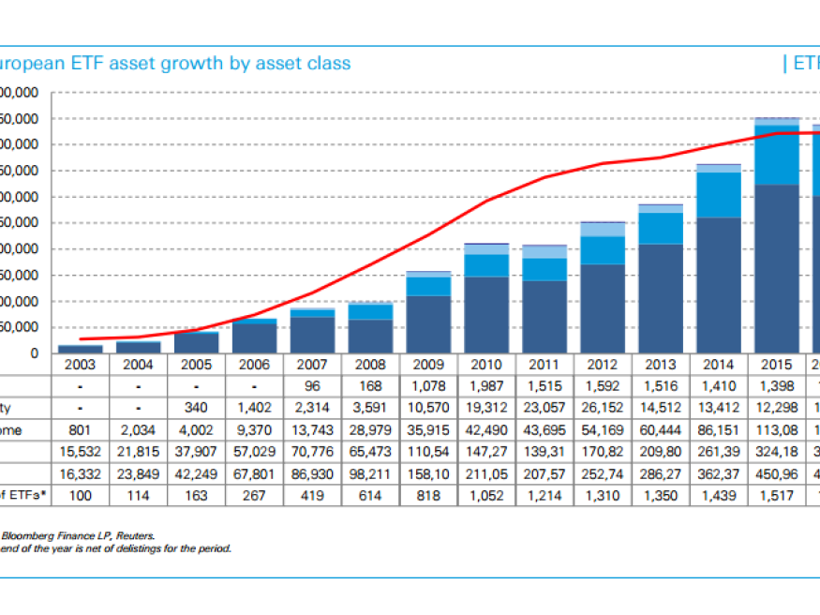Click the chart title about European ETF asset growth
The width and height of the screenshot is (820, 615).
tap(174, 64)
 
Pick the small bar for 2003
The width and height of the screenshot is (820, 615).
tap(81, 349)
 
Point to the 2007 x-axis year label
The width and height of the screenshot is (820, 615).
tap(311, 364)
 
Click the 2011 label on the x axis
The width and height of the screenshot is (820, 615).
tap(544, 364)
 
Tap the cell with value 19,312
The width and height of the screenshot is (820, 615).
tap(485, 409)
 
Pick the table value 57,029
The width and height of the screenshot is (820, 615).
tap(254, 452)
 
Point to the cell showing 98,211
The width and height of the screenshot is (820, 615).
tap(369, 473)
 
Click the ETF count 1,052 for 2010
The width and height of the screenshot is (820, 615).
tap(485, 495)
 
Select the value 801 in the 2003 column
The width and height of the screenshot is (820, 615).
tap(81, 430)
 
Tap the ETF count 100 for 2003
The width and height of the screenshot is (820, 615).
tap(81, 495)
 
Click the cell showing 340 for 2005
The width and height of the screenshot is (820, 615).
tap(196, 409)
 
